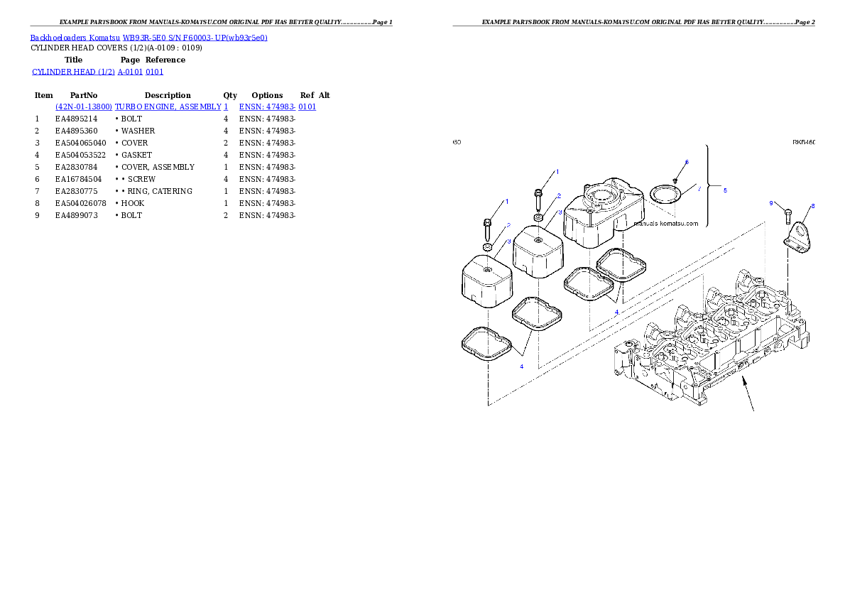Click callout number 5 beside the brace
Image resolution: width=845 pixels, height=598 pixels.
pos(725,190)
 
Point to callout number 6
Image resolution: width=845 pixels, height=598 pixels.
pos(687,163)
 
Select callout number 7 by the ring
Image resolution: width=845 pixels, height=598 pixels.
pos(699,189)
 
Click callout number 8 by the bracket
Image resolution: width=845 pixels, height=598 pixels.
pos(813,206)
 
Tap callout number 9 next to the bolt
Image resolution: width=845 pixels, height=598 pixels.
pos(771,203)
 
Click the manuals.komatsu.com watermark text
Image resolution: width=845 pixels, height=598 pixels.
pos(665,223)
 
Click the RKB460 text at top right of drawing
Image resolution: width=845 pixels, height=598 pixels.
pos(804,142)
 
